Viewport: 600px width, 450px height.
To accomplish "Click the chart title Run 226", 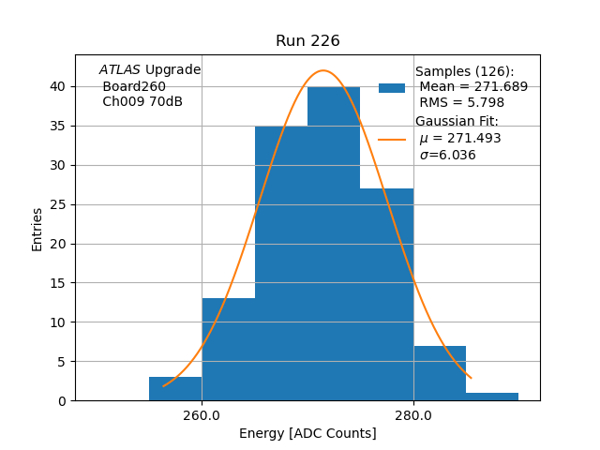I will (x=307, y=41).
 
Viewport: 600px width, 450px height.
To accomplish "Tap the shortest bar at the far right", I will (x=492, y=397).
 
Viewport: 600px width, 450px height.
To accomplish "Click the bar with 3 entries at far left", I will (x=175, y=389).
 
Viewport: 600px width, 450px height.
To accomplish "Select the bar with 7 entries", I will (x=440, y=373).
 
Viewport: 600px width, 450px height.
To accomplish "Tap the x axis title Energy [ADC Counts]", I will (x=307, y=433).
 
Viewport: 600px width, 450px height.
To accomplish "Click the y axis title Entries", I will (x=37, y=229).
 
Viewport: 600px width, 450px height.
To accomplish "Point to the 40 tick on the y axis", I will (x=58, y=86).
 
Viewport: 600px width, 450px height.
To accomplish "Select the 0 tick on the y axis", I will (x=62, y=401).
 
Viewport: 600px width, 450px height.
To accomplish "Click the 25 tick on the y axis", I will (x=58, y=204).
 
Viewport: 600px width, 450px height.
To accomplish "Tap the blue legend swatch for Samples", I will (x=392, y=88).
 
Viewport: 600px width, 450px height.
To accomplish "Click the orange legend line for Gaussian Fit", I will (x=392, y=139).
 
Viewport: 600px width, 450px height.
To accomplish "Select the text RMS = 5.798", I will (x=461, y=103).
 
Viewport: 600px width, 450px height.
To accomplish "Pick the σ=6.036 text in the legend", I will (x=447, y=156).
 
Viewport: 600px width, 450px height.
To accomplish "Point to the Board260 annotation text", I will (x=134, y=86).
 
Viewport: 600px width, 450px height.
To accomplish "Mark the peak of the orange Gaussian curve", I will (x=323, y=70).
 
